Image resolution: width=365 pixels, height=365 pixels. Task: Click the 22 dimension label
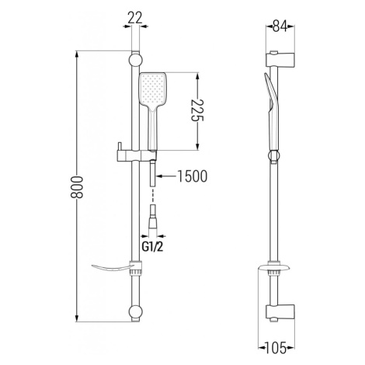tap(135, 19)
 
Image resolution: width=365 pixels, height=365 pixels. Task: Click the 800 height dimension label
tap(77, 187)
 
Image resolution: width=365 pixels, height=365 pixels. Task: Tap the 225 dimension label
tap(197, 110)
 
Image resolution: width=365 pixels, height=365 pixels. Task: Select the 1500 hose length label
tap(193, 176)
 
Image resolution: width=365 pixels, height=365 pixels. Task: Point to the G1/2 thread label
tap(153, 247)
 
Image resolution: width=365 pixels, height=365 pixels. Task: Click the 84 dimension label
tap(280, 26)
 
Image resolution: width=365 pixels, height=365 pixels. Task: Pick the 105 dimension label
tap(276, 348)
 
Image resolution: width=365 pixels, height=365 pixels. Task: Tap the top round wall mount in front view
tap(135, 60)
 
